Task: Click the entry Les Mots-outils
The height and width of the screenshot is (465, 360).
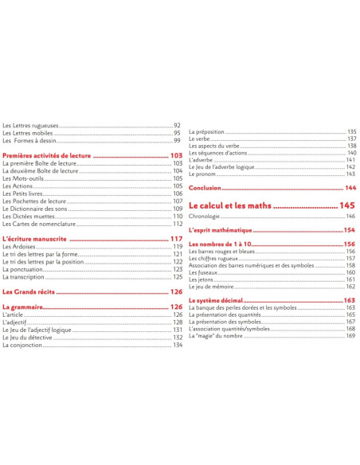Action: tap(23, 178)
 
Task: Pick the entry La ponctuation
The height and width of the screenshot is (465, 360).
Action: tap(24, 269)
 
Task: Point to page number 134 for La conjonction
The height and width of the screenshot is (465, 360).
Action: tap(178, 345)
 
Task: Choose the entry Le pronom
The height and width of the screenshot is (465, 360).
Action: tap(203, 174)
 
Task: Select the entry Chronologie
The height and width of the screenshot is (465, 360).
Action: tap(205, 217)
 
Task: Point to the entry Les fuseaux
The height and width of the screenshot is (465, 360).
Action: tap(205, 272)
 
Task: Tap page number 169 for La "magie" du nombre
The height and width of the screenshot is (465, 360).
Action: tap(350, 336)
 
